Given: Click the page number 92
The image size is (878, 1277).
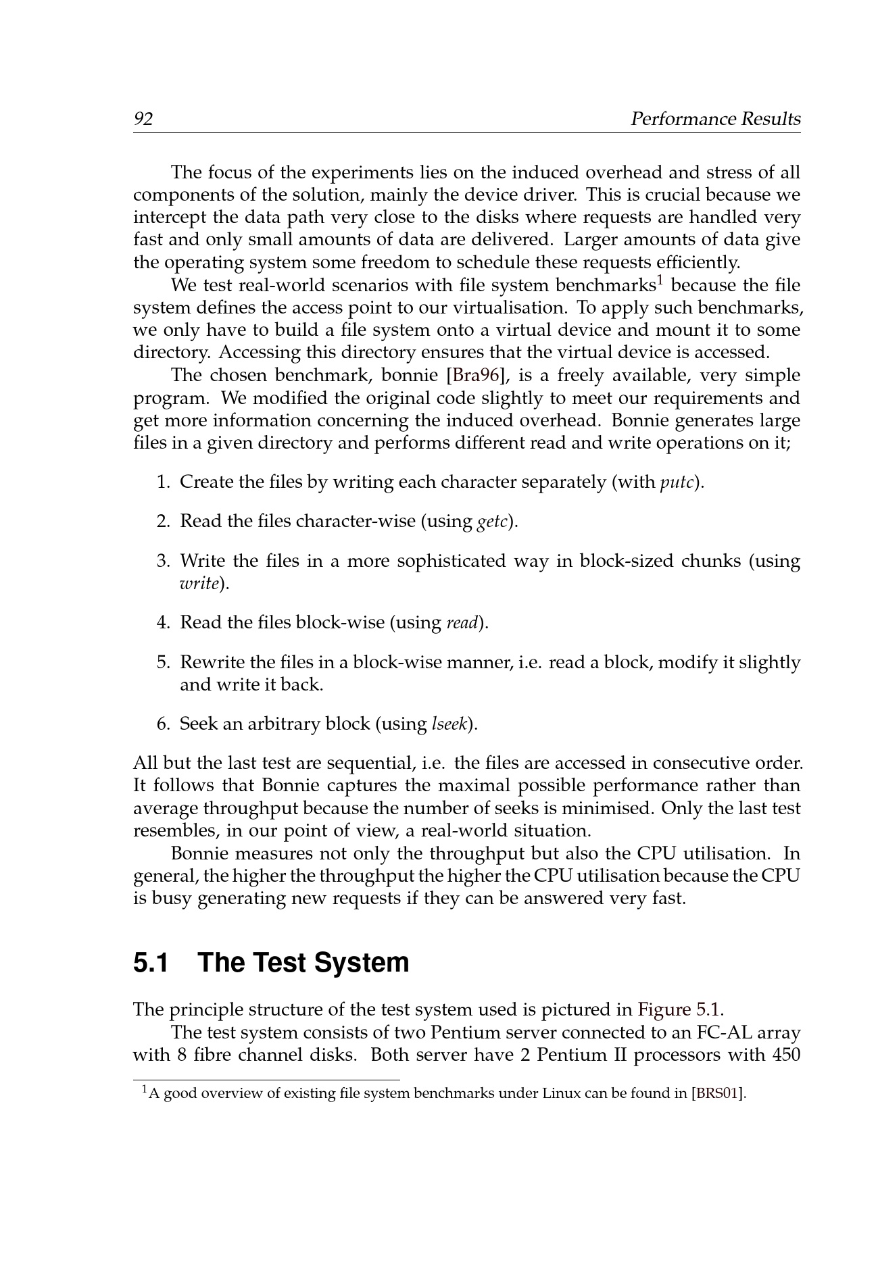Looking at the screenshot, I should [x=143, y=120].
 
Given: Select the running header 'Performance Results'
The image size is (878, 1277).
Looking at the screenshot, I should [x=715, y=120].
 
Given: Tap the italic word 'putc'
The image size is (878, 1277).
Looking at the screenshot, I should [x=676, y=483].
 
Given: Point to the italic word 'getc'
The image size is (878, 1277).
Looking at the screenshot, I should [x=493, y=522].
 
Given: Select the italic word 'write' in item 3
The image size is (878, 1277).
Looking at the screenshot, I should [x=199, y=584].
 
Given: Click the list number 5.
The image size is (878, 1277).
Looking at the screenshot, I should [x=164, y=662].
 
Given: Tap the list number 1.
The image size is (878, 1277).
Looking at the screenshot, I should [x=164, y=482].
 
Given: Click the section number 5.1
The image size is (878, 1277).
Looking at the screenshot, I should [x=151, y=963].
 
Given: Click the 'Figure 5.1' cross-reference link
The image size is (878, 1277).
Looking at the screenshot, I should [x=679, y=1010].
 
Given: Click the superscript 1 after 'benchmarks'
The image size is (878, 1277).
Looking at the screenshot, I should [x=660, y=279].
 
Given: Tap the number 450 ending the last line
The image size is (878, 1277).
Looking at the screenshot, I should [x=785, y=1055].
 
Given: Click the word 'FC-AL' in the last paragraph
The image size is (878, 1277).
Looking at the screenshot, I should [x=720, y=1033].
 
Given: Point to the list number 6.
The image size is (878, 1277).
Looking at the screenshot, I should [x=164, y=724].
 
